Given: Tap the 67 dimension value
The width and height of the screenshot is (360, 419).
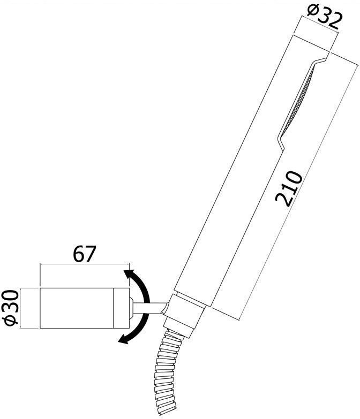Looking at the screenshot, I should click(85, 254).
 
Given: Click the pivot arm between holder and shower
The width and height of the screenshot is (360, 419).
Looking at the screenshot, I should click(150, 309).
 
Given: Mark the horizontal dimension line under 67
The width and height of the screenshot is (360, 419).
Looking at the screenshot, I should click(85, 264).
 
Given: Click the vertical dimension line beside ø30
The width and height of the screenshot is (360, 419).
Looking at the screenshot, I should click(20, 308).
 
